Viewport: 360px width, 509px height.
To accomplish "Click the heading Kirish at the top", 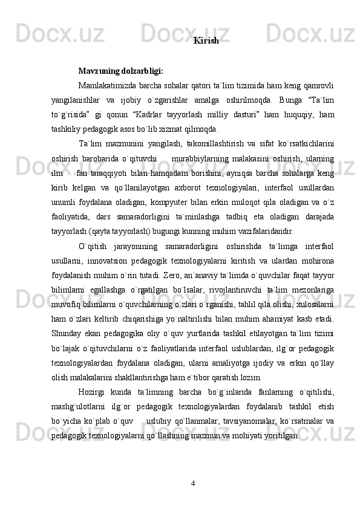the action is pos(206,41).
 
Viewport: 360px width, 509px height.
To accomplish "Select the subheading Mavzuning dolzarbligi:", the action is pos(120,71).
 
